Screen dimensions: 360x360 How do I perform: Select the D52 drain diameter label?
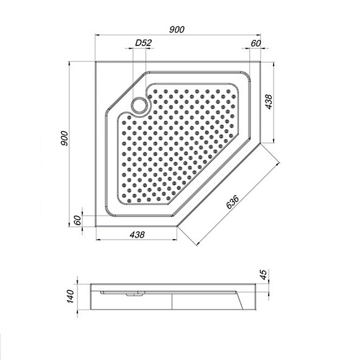tap(143, 43)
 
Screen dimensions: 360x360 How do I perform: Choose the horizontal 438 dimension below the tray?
tap(137, 235)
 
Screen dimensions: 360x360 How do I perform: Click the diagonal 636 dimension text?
tap(233, 201)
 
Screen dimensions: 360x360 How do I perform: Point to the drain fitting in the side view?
tap(132, 293)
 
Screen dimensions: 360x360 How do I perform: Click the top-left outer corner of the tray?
tap(95, 62)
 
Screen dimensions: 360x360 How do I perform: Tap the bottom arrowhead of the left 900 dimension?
tap(70, 225)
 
